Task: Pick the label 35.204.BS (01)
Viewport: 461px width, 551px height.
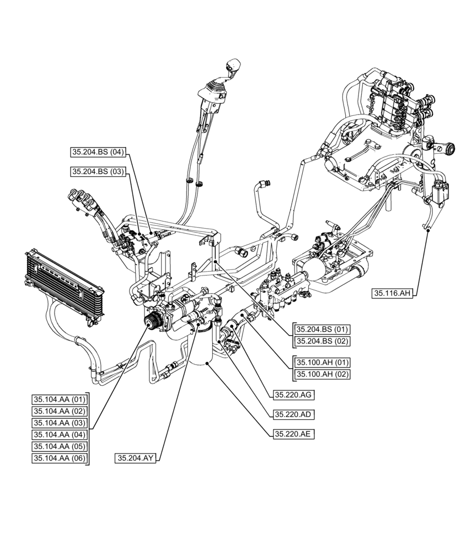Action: (x=323, y=329)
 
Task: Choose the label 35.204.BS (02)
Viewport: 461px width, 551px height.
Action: (x=323, y=341)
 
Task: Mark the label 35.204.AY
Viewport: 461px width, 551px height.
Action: (x=136, y=458)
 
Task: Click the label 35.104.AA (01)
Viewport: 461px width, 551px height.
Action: (x=60, y=399)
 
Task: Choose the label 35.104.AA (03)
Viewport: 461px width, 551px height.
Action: (x=60, y=423)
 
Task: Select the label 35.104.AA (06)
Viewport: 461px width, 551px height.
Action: (x=60, y=458)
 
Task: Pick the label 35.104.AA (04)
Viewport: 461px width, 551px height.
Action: (x=60, y=434)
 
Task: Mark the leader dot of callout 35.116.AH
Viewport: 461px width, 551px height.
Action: (x=428, y=233)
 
